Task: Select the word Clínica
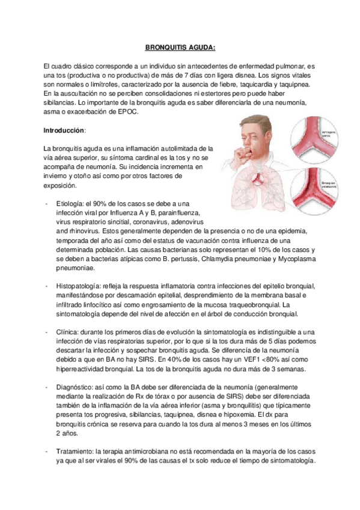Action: tap(67, 332)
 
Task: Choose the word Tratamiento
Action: tap(76, 451)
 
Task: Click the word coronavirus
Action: tap(145, 221)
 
